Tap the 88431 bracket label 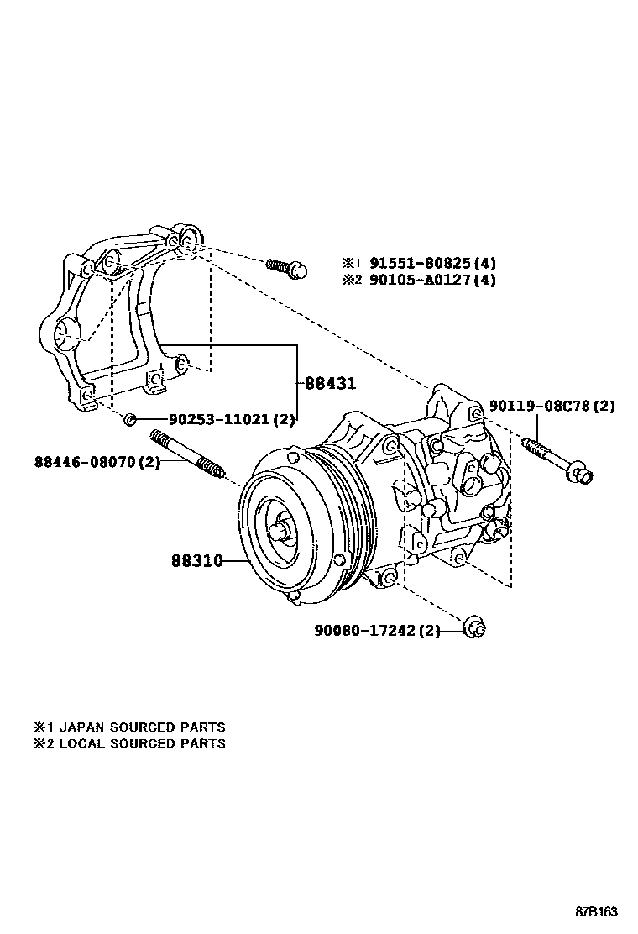tap(330, 383)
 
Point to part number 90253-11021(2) tap(232, 419)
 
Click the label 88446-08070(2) tap(97, 461)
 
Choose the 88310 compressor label tap(197, 560)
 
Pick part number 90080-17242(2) tap(378, 630)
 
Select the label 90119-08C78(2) tap(553, 407)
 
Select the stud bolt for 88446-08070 tap(189, 457)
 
